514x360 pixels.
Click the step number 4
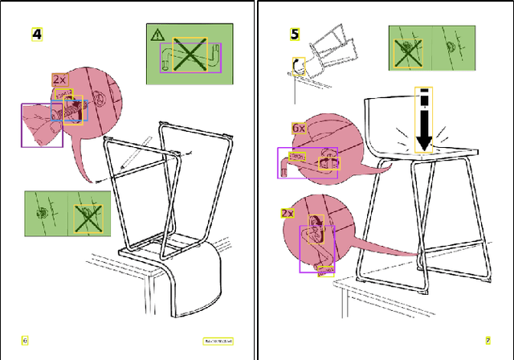(37, 34)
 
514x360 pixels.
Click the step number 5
(295, 34)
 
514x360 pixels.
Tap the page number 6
(25, 340)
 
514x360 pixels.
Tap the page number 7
(487, 340)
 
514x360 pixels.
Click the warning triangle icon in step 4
(157, 35)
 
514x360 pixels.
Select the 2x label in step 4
(59, 79)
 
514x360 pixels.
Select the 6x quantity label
(299, 128)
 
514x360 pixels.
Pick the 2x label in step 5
(288, 213)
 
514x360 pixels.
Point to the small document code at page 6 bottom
(218, 341)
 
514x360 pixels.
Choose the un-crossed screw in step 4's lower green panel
(45, 214)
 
